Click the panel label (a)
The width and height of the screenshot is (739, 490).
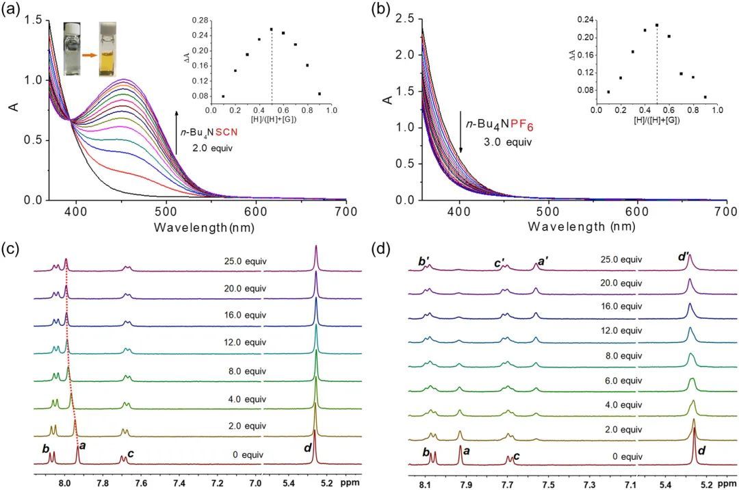coord(13,10)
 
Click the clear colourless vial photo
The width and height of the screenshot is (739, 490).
coord(73,48)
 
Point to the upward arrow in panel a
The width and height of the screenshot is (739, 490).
coord(177,131)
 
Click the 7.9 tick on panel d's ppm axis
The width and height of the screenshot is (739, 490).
coord(467,484)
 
